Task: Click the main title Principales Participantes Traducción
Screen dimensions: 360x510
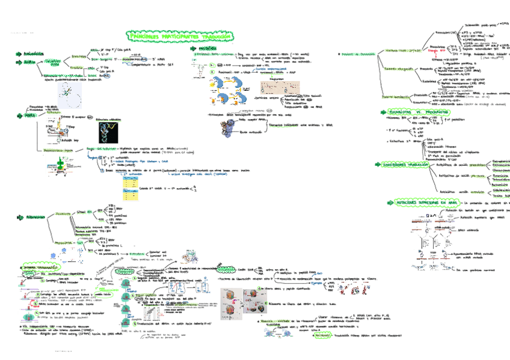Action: pos(180,37)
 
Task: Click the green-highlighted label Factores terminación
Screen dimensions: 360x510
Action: pos(396,97)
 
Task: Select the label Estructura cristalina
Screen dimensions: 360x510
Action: pos(110,119)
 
